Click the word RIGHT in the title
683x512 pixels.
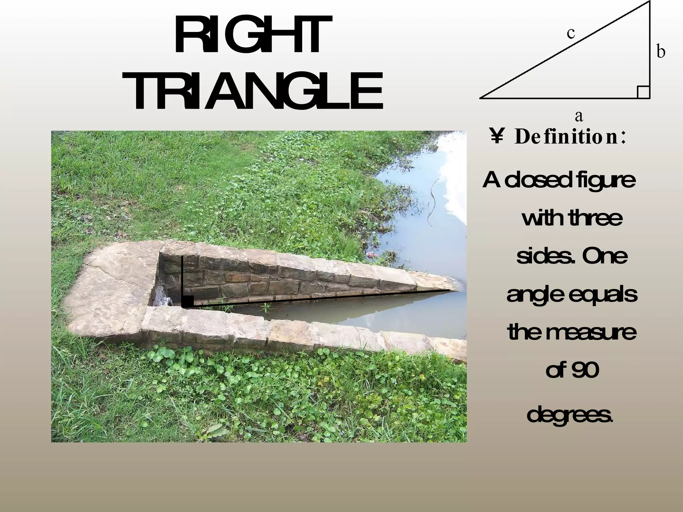tap(253, 35)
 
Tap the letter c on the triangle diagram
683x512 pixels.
tap(571, 33)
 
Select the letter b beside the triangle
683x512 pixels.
tap(661, 52)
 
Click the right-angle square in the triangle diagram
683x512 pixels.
tap(643, 92)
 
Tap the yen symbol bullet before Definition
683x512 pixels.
tap(497, 137)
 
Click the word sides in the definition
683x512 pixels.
tap(543, 256)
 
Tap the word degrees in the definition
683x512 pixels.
tap(570, 415)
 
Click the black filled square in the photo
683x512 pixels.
tap(188, 301)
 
